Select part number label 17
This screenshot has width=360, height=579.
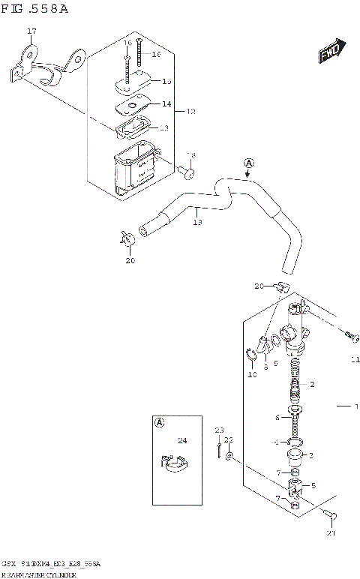tap(31, 31)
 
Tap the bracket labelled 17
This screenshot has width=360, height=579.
tap(45, 66)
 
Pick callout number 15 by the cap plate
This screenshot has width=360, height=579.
tap(166, 80)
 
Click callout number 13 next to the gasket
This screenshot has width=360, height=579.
tap(164, 128)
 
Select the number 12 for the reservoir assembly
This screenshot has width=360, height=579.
tap(190, 111)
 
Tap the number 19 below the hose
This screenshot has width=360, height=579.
tap(197, 222)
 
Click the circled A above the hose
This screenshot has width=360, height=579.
tap(248, 162)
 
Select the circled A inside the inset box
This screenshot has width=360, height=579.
tap(160, 422)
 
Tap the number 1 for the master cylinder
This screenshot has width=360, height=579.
tap(357, 406)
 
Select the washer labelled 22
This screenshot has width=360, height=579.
tap(229, 457)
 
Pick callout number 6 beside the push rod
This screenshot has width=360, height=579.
tap(277, 418)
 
